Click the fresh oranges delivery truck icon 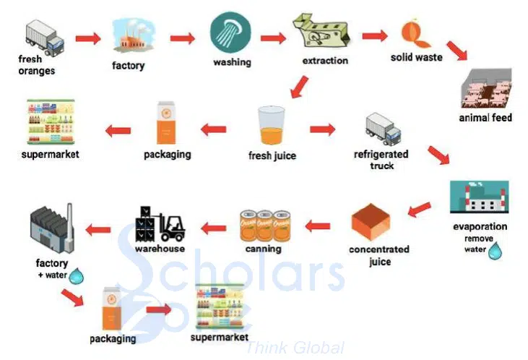pos(45,38)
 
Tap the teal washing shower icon pos(230,33)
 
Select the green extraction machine pos(321,31)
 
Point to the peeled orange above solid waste pos(415,34)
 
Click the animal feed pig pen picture pos(486,88)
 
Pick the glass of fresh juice pos(272,126)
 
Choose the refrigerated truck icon pos(384,129)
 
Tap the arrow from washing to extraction pos(273,38)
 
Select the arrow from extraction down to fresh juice pos(299,87)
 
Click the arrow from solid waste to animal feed pos(457,51)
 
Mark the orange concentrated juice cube pos(371,222)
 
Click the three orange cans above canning pos(265,226)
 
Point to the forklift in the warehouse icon pos(173,228)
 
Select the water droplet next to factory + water pos(76,276)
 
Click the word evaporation pos(480,226)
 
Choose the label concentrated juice pos(379,255)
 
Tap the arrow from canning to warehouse pos(214,228)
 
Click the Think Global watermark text pos(295,348)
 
